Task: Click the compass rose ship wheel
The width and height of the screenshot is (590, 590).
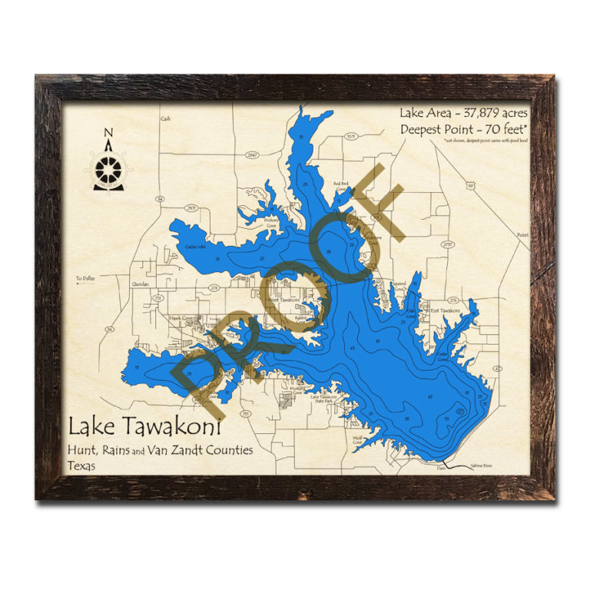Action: point(108,167)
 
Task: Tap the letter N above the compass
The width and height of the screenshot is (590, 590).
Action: point(108,132)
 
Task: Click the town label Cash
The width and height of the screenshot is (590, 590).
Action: point(164,119)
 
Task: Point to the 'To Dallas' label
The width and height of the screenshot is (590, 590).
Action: point(84,278)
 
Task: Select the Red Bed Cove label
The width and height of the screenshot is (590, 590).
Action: point(341,185)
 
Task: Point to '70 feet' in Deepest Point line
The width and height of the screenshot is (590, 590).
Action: point(503,130)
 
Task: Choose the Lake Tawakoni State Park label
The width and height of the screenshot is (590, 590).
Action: point(322,399)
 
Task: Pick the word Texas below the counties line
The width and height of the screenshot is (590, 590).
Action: point(82,466)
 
